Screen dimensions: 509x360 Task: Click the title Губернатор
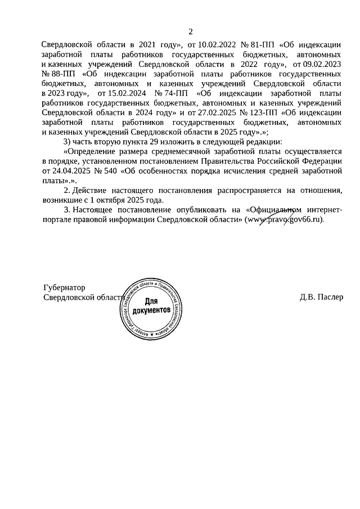tap(64, 288)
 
